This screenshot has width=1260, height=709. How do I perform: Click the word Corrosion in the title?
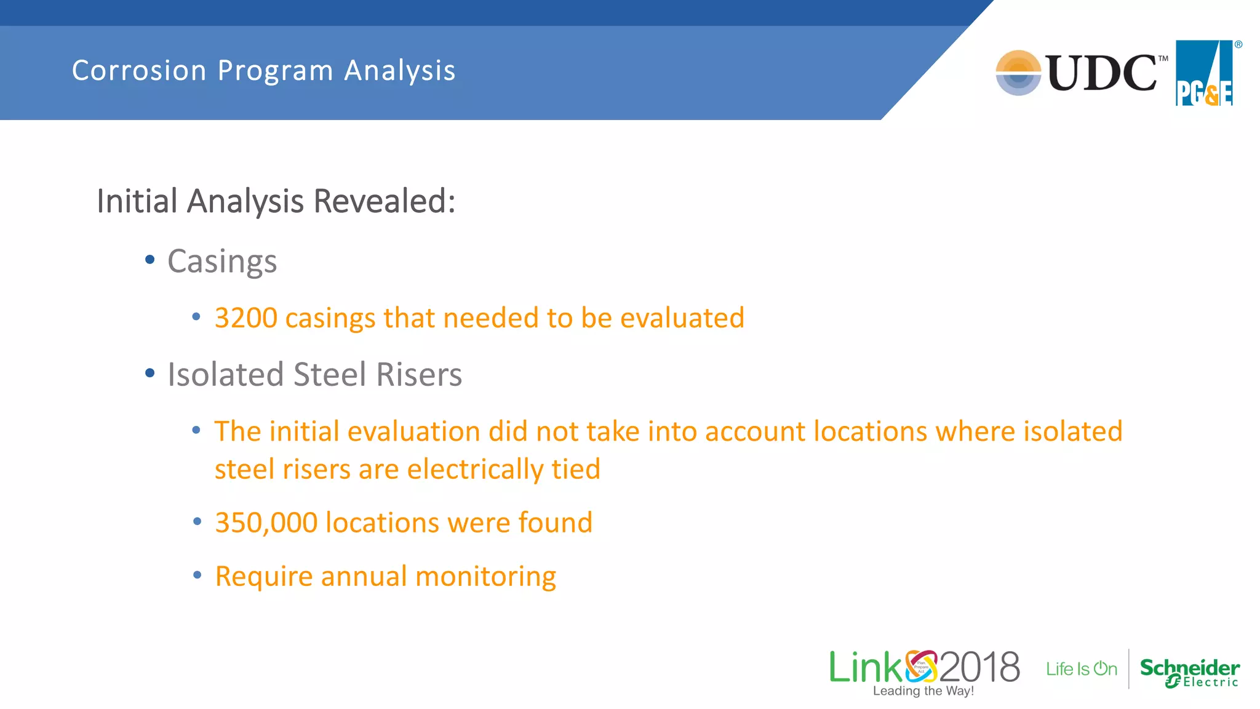coord(139,71)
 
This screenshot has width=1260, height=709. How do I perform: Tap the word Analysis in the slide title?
coord(400,71)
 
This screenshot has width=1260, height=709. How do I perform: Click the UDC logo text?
coord(1101,73)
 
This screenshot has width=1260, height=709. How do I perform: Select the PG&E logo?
coord(1204,73)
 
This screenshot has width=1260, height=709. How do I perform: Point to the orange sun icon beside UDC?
coord(1018,73)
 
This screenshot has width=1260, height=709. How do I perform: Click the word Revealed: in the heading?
coord(385,201)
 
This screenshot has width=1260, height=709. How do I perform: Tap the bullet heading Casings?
coord(222,262)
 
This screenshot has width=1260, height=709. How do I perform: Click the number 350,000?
coord(266,523)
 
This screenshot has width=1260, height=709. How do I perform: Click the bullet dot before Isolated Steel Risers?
coord(150,373)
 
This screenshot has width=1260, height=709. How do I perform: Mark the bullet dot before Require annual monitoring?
coord(197,575)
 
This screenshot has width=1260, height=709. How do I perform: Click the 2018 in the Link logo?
coord(979,667)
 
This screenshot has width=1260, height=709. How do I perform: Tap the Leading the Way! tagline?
coord(923,691)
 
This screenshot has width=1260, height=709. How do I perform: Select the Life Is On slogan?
coord(1081,669)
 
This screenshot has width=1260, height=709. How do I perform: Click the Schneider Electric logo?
coord(1189,671)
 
